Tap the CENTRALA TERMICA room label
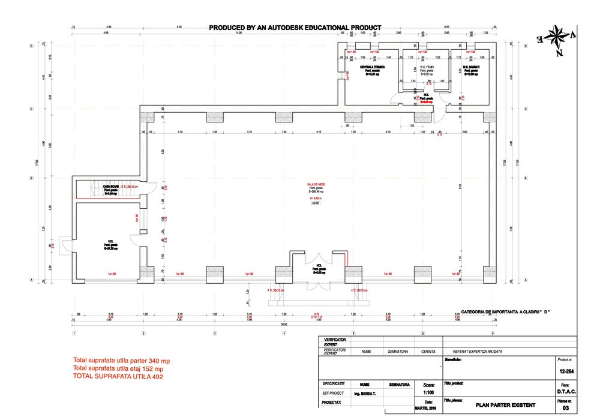point(373,67)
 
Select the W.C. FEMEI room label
point(427,67)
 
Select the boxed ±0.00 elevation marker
point(315,204)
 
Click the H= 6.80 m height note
point(315,197)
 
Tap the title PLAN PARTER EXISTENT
point(501,405)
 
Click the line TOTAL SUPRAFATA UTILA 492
point(118,377)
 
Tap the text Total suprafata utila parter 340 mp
point(121,361)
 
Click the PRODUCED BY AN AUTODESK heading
point(295,28)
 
